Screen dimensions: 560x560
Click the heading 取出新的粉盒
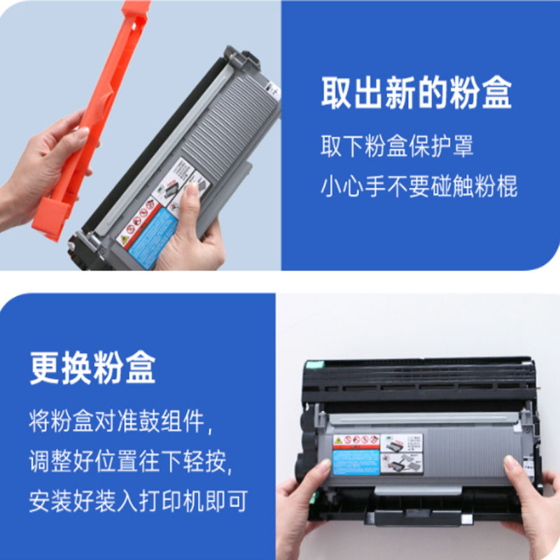pyautogui.click(x=416, y=94)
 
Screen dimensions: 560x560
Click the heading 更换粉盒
pyautogui.click(x=92, y=367)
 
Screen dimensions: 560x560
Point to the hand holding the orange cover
pyautogui.click(x=42, y=168)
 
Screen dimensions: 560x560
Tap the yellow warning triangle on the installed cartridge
pyautogui.click(x=338, y=440)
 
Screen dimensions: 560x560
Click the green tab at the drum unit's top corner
pyautogui.click(x=311, y=365)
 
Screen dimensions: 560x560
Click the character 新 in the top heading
pyautogui.click(x=397, y=94)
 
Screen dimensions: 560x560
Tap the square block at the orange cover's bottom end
pyautogui.click(x=50, y=218)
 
